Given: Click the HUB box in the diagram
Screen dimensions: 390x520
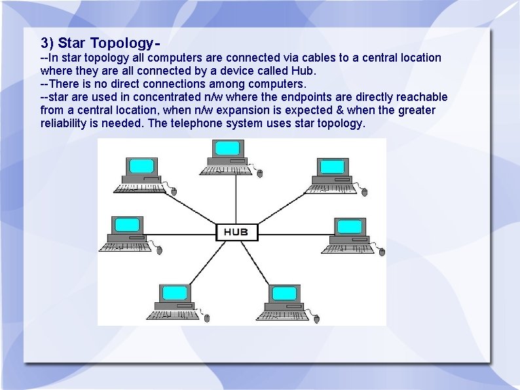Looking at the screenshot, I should [237, 232].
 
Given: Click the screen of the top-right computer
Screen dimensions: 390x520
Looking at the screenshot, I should [333, 166].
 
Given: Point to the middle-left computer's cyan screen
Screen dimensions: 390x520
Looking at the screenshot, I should [126, 225].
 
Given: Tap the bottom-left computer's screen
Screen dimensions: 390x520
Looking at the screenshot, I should [174, 292].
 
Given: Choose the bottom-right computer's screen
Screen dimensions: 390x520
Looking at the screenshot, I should [285, 293].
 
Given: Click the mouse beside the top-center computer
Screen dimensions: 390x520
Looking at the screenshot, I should [259, 174].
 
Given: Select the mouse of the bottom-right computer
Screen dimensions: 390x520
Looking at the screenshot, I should [316, 319].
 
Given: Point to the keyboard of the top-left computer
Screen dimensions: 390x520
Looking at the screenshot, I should [139, 188].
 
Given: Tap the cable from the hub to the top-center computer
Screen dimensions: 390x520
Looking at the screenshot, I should [236, 197].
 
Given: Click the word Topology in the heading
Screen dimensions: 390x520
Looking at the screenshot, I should [121, 44].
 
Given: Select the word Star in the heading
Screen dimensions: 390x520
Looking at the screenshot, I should [72, 44].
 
